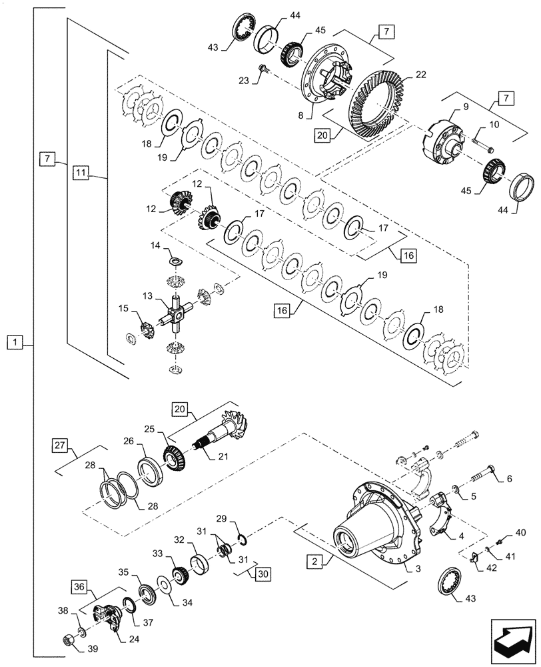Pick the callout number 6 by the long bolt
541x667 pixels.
point(510,478)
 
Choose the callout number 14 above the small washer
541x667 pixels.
point(155,246)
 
